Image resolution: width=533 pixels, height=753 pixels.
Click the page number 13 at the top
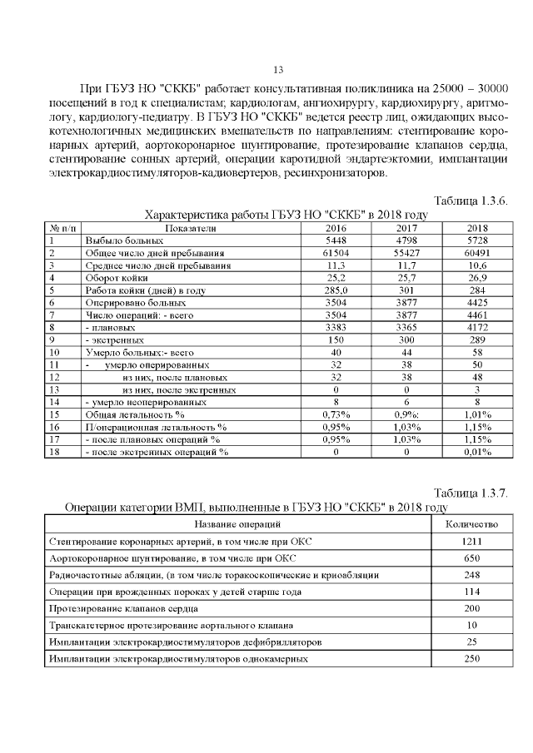pyautogui.click(x=278, y=70)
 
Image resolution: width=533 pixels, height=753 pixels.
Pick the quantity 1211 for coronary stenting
pyautogui.click(x=472, y=542)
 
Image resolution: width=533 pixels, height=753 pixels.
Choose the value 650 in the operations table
pyautogui.click(x=472, y=558)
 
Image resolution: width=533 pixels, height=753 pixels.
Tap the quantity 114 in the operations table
pyautogui.click(x=472, y=592)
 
